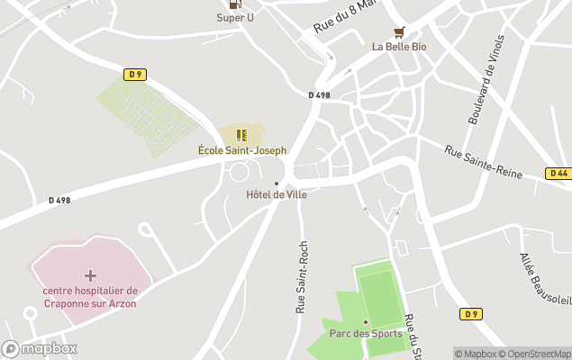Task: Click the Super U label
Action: tap(235, 17)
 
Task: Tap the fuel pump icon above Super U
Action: tap(235, 4)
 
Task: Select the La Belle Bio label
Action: tap(399, 47)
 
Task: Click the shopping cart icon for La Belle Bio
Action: tap(399, 31)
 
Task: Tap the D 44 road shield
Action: tap(558, 173)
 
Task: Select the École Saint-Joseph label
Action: tap(242, 150)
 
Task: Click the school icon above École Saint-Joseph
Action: tap(241, 135)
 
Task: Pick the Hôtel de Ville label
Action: tap(277, 194)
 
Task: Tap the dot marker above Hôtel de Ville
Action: tap(277, 184)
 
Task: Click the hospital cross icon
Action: tap(89, 274)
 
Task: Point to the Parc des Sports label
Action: tap(366, 334)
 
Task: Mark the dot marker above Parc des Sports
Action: tap(366, 321)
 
